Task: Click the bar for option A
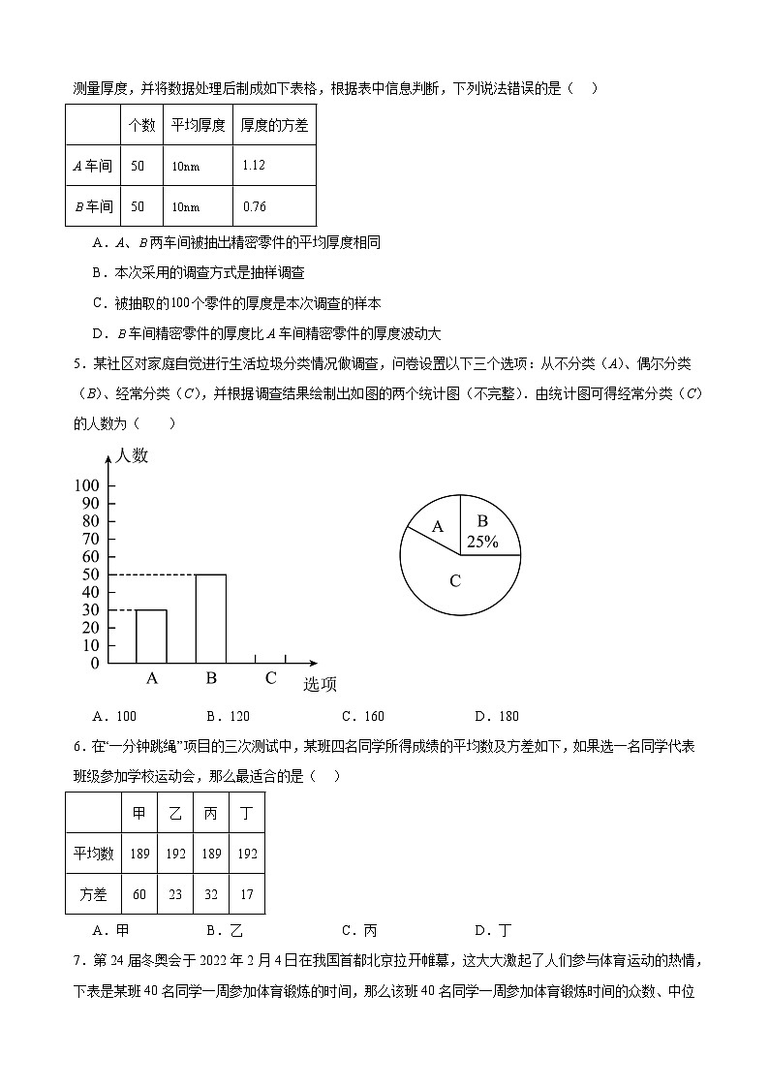coord(151,637)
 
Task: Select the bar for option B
coord(211,618)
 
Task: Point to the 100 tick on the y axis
coord(86,485)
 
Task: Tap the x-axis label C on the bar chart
coord(271,678)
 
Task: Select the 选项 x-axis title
coord(321,685)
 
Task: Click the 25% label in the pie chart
coord(482,543)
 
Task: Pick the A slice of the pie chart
coord(437,527)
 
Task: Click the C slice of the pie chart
coord(454,581)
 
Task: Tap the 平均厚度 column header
coord(199,125)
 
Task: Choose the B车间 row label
coord(93,206)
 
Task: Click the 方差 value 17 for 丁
coord(247,894)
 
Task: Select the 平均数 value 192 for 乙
coord(175,854)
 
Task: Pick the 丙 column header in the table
coord(211,813)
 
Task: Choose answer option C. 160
coord(363,716)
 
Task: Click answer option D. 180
coord(497,716)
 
